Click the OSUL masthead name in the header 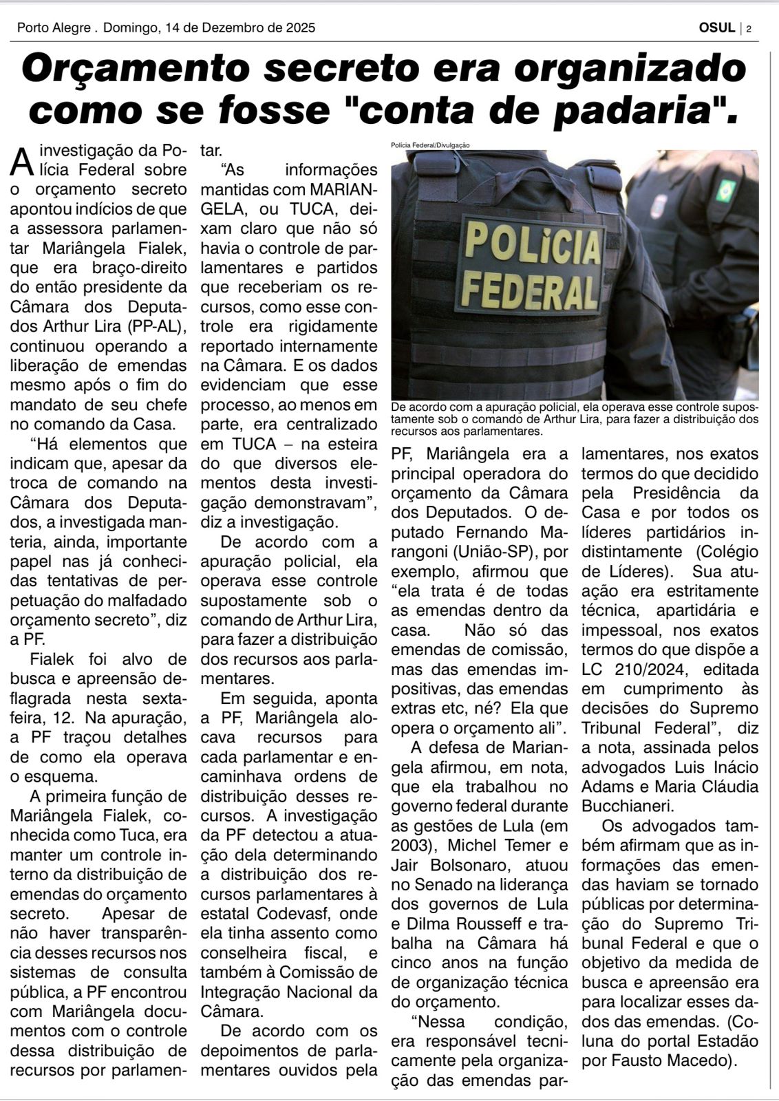[x=716, y=28]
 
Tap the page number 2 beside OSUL [x=748, y=29]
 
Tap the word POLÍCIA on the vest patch [x=532, y=243]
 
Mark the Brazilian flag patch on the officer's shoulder [x=725, y=190]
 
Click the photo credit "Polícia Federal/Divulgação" [x=429, y=145]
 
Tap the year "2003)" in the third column [x=411, y=845]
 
